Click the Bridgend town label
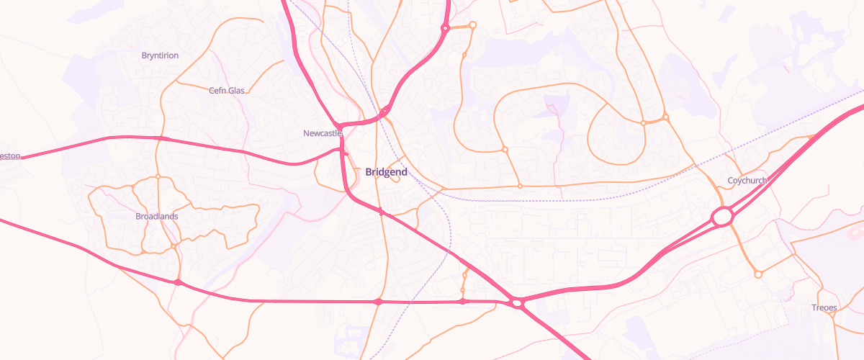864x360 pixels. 387,172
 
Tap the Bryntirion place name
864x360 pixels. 161,55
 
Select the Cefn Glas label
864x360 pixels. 227,91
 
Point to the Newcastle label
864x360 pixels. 322,133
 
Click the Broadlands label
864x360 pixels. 157,216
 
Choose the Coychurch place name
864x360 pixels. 748,180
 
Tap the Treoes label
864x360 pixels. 825,307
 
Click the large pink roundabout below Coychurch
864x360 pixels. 723,216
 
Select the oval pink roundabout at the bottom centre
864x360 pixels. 517,303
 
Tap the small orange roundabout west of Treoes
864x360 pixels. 757,274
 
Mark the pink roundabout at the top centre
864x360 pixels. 445,29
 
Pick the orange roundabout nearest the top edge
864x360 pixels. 473,25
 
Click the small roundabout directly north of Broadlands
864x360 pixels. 158,176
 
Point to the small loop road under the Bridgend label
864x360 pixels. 395,179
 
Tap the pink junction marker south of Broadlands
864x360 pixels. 178,282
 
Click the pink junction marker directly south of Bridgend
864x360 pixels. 378,302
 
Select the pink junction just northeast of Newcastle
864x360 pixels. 385,110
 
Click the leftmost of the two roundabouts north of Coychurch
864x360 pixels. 644,123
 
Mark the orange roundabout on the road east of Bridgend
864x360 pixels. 520,186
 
